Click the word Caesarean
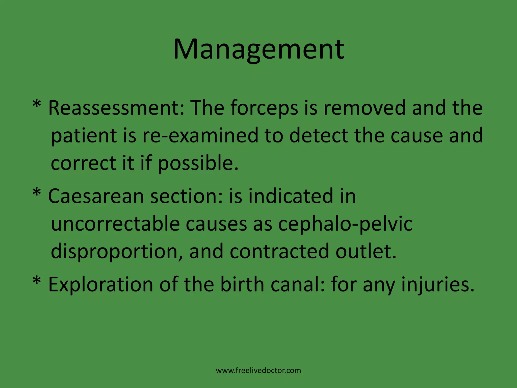pos(96,196)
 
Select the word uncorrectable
pos(115,224)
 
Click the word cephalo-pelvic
pos(345,224)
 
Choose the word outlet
pos(366,252)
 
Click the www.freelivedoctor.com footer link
pos(258,371)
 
